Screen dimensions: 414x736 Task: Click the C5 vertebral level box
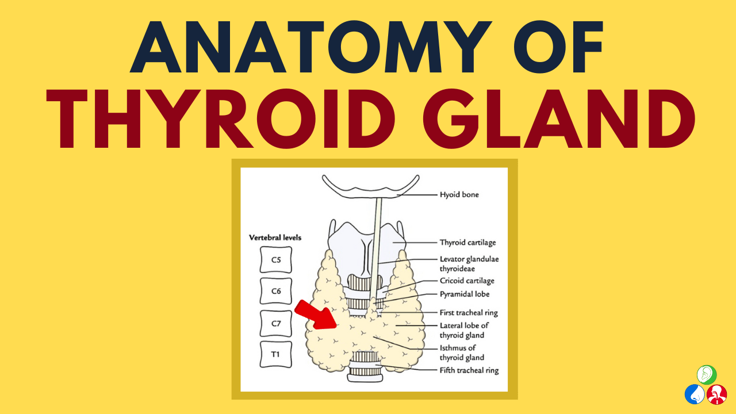tap(276, 260)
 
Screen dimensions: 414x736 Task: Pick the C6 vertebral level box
tap(276, 292)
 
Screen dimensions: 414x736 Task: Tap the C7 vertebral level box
tap(276, 323)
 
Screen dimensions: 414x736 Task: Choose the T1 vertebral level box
tap(276, 354)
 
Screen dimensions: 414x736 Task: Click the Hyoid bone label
tap(459, 195)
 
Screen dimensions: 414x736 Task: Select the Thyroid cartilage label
tap(467, 243)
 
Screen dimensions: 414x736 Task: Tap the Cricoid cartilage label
tap(467, 281)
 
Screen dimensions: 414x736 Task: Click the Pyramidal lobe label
tap(465, 294)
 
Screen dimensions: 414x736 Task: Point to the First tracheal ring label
tap(469, 313)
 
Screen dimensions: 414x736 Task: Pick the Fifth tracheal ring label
tap(469, 370)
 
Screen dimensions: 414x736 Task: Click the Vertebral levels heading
tap(275, 237)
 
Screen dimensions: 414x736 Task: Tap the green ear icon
tap(707, 375)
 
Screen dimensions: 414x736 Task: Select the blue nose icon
tap(695, 394)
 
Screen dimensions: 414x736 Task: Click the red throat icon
tap(716, 394)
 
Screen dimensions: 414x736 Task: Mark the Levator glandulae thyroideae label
tap(469, 264)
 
